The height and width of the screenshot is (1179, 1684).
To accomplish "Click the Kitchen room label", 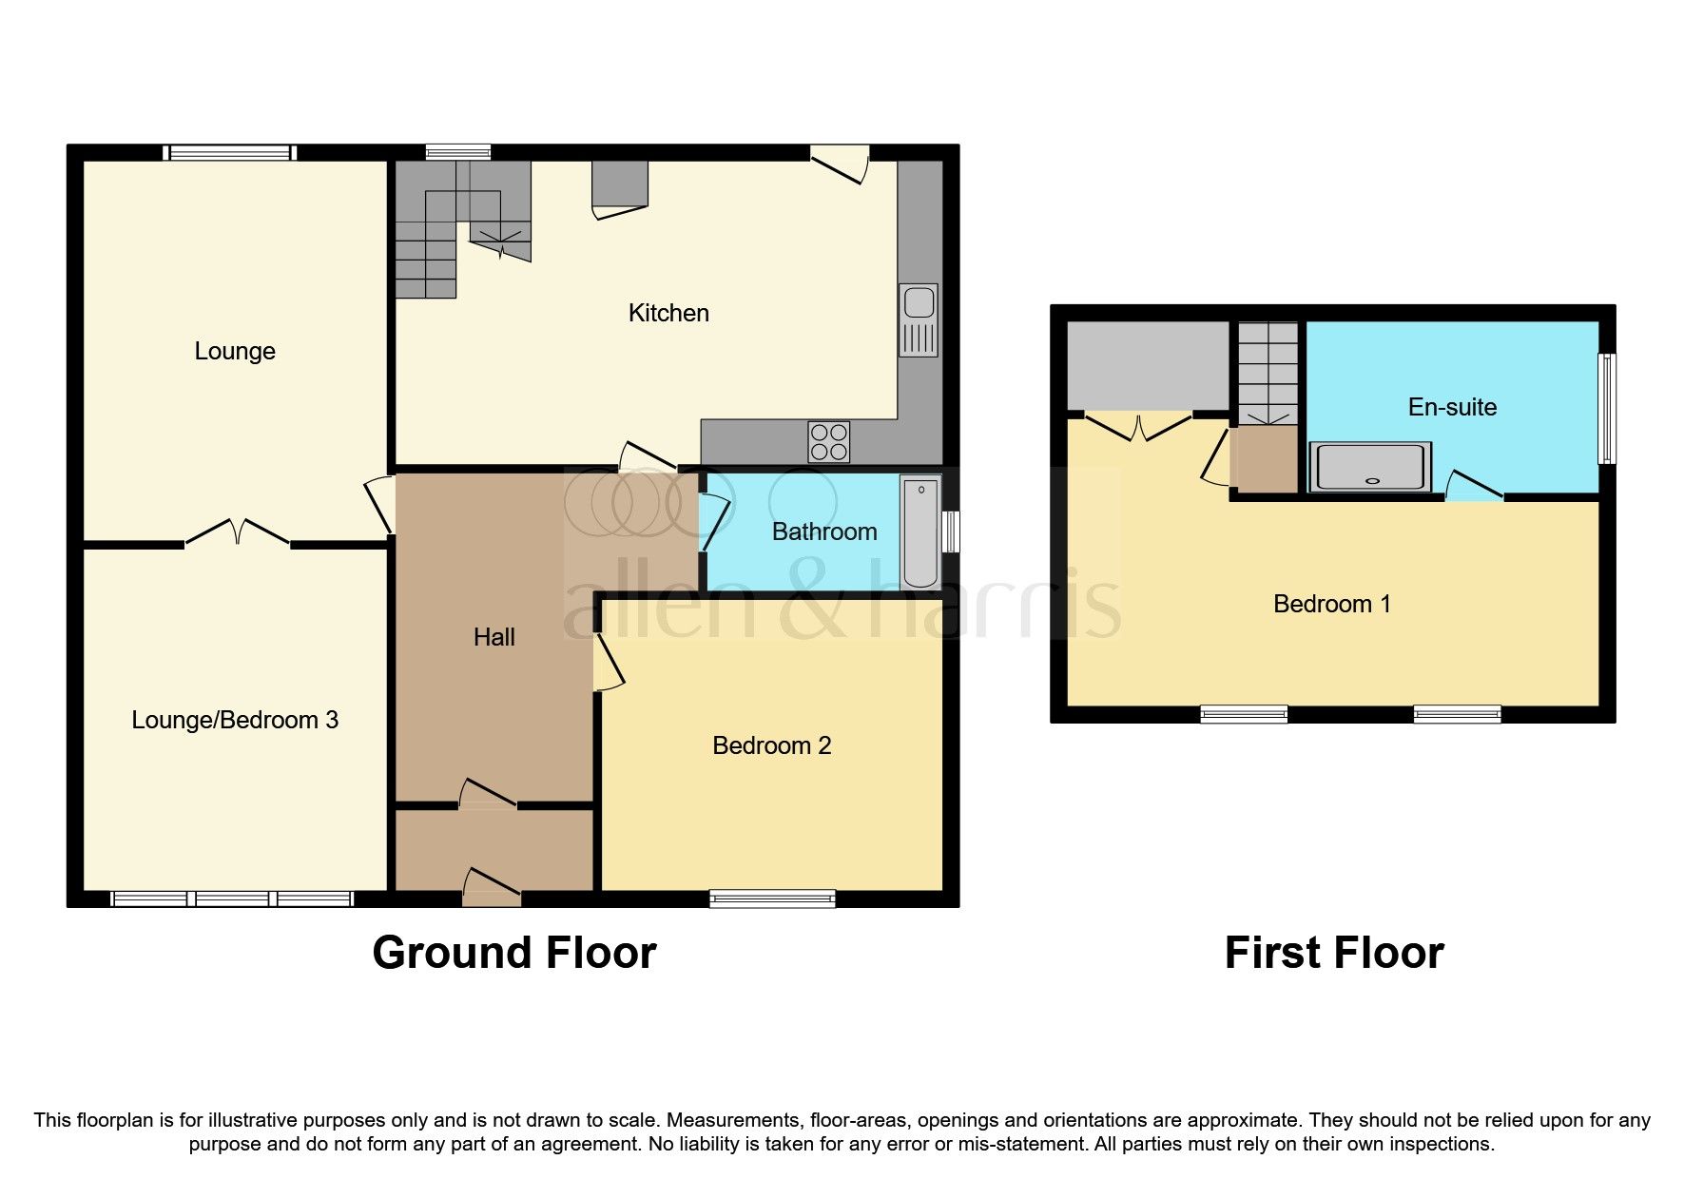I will coord(668,313).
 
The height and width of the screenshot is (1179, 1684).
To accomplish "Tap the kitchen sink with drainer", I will coord(919,320).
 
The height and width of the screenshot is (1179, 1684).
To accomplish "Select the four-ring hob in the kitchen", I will coord(828,441).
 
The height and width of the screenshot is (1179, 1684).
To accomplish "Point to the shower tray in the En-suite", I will coord(1369,468).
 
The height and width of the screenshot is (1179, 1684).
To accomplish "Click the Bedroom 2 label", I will coord(771,745).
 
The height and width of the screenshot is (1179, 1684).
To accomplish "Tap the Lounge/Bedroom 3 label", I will coord(235,720).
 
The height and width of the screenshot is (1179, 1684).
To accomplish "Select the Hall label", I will coord(494,637).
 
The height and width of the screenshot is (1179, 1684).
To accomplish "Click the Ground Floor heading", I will coord(513,953).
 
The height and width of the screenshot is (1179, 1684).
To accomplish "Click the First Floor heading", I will coord(1333,953).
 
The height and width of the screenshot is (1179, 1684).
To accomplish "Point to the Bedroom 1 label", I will coord(1331,604).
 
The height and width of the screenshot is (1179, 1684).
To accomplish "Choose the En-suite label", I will coord(1452,407).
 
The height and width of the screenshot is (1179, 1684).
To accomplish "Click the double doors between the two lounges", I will coord(238,533).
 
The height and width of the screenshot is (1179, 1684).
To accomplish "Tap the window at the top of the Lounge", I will coord(229,152).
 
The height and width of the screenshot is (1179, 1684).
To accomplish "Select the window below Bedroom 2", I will coord(772,898).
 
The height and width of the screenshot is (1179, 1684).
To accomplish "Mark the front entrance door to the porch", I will coord(492,888).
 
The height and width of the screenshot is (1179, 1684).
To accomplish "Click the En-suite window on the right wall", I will coord(1606,409).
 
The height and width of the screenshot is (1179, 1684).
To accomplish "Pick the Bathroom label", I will coord(823,532).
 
